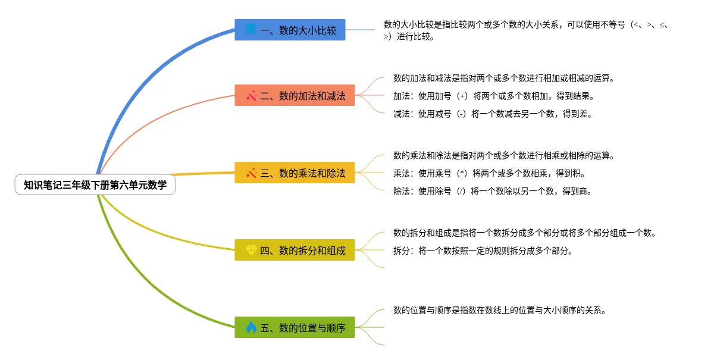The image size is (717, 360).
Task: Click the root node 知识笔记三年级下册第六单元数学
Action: pyautogui.click(x=95, y=186)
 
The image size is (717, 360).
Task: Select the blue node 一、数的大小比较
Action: pyautogui.click(x=290, y=30)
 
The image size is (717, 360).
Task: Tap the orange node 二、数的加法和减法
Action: pyautogui.click(x=295, y=95)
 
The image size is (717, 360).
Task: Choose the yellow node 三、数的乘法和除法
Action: pyautogui.click(x=295, y=173)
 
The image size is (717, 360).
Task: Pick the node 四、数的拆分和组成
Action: pyautogui.click(x=295, y=251)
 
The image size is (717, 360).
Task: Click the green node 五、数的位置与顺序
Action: pyautogui.click(x=295, y=327)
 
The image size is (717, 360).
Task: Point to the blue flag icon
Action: pyautogui.click(x=251, y=29)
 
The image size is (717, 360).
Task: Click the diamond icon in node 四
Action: pyautogui.click(x=251, y=251)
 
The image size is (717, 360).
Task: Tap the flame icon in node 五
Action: pyautogui.click(x=251, y=327)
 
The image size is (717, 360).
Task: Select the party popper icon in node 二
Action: pyautogui.click(x=251, y=95)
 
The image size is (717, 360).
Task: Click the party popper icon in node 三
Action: pyautogui.click(x=251, y=173)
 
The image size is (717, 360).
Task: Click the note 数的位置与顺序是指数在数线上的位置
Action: pyautogui.click(x=499, y=310)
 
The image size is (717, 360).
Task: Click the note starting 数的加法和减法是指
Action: pyautogui.click(x=503, y=78)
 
